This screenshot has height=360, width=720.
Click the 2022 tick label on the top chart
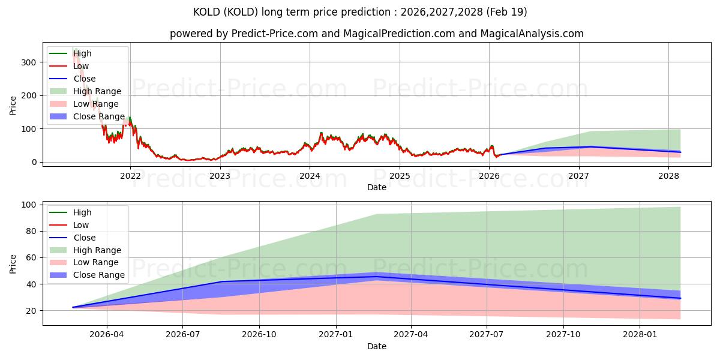pyautogui.click(x=130, y=176)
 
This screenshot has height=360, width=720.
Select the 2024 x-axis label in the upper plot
pyautogui.click(x=310, y=176)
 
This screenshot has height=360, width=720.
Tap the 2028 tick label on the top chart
pyautogui.click(x=668, y=176)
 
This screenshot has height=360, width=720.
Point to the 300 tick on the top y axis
pyautogui.click(x=29, y=62)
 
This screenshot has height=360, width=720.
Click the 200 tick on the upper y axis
pyautogui.click(x=29, y=96)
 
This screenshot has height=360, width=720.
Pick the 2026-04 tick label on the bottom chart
pyautogui.click(x=107, y=335)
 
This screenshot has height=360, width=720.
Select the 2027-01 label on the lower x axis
pyautogui.click(x=336, y=335)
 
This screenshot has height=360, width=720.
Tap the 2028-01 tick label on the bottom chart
pyautogui.click(x=640, y=335)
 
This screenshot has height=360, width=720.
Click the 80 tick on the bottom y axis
pyautogui.click(x=31, y=232)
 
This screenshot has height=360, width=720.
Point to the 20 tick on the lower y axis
pyautogui.click(x=31, y=311)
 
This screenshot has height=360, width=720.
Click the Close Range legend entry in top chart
pyautogui.click(x=87, y=116)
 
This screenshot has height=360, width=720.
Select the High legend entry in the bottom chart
pyautogui.click(x=70, y=212)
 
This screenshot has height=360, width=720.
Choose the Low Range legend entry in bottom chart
pyautogui.click(x=84, y=263)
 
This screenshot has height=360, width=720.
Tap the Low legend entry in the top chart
pyautogui.click(x=69, y=66)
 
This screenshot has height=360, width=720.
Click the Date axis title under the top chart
pyautogui.click(x=377, y=187)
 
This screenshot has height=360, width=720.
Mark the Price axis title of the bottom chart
pyautogui.click(x=13, y=264)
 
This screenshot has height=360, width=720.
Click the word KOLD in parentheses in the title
pyautogui.click(x=241, y=12)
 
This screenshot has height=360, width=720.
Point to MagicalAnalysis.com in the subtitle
pyautogui.click(x=532, y=34)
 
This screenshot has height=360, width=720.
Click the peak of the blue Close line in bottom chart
pyautogui.click(x=376, y=277)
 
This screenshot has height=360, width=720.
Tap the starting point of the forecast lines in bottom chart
pyautogui.click(x=73, y=307)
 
